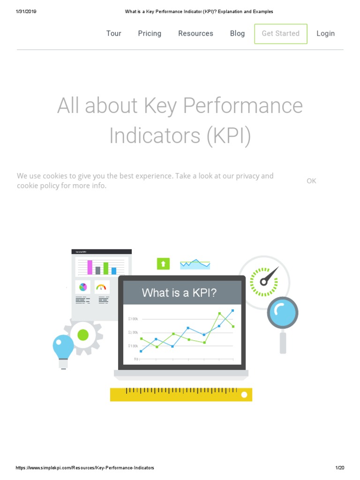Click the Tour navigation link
114,33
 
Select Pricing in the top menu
150,33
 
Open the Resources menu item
195,33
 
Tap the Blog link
237,33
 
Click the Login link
325,33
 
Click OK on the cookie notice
311,181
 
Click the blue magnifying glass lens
283,312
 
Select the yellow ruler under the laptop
181,394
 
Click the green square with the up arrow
163,264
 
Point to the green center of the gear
83,335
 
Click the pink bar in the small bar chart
90,267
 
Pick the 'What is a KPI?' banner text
180,293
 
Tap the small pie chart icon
83,287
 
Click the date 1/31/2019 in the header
26,11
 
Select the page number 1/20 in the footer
340,468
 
